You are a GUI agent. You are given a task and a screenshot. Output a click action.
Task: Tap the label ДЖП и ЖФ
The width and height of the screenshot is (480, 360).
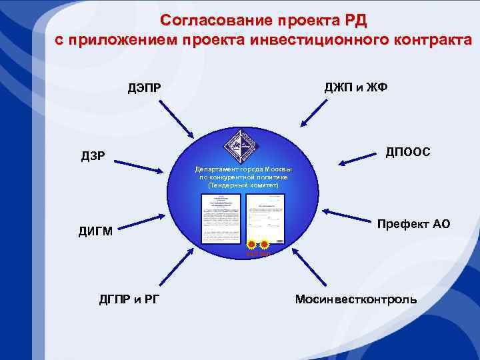point(356,87)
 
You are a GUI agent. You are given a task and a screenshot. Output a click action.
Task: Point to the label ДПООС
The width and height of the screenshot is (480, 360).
point(407,153)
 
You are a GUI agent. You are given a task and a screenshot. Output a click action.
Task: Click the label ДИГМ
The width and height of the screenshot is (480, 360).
point(95,232)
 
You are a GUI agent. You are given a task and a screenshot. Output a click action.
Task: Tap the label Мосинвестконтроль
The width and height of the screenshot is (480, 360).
point(356,299)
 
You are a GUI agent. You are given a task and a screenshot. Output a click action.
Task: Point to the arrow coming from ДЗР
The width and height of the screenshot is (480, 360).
point(138,163)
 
